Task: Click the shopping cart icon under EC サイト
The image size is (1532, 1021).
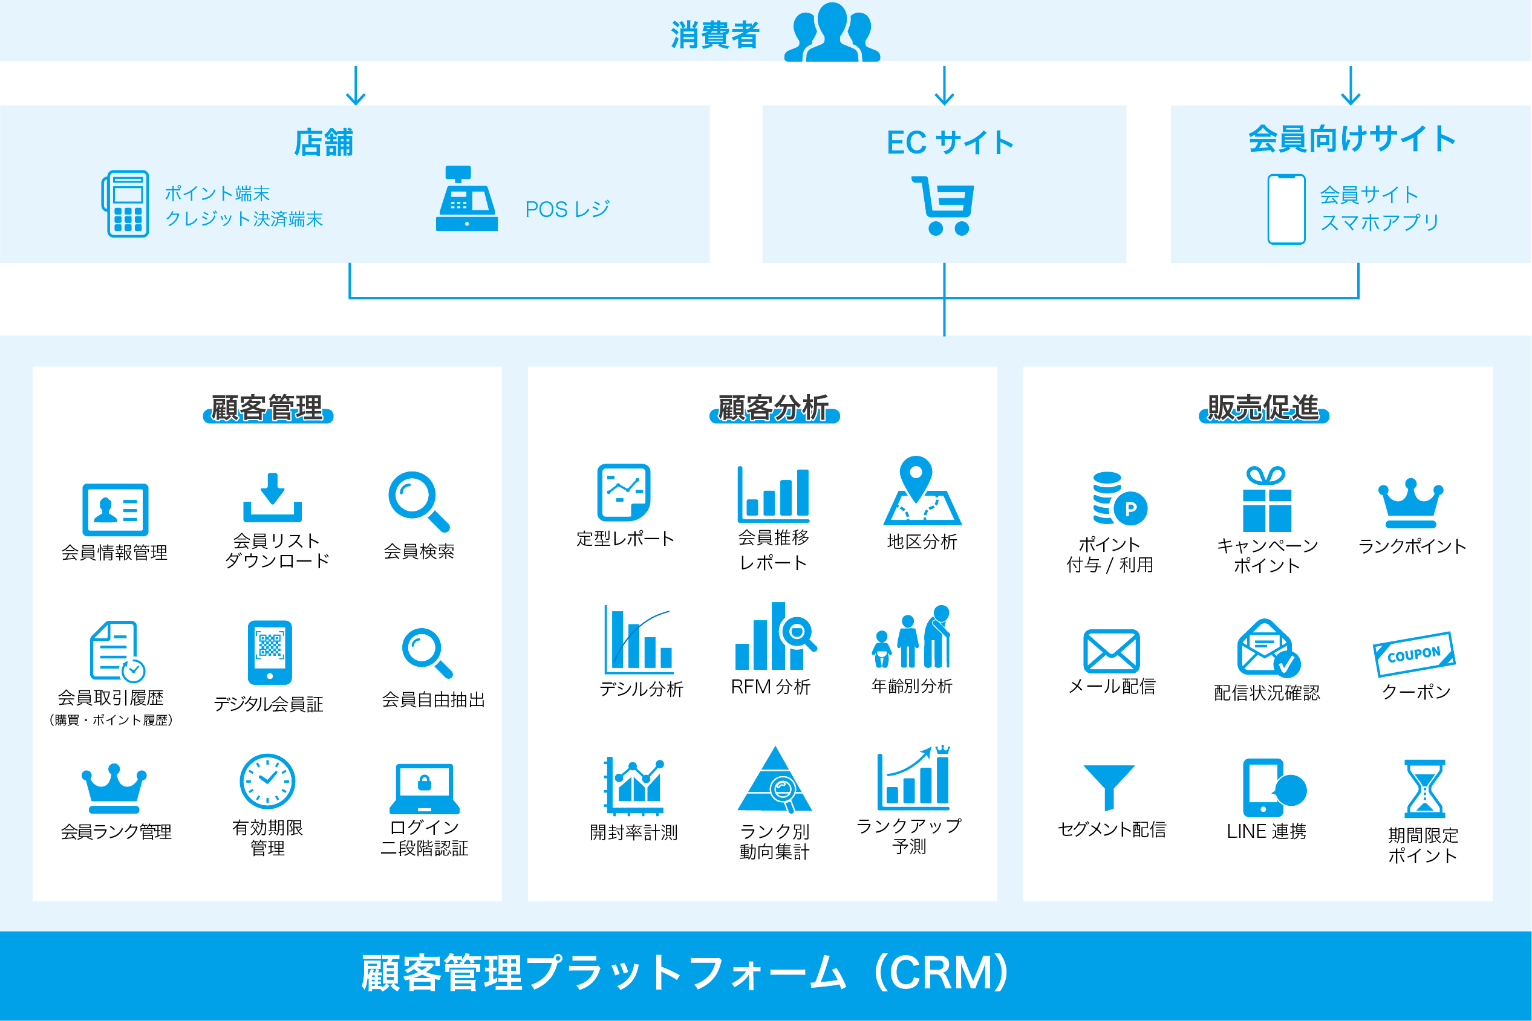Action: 944,205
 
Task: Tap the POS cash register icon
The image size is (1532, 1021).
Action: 466,199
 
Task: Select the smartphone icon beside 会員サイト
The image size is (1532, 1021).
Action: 1286,209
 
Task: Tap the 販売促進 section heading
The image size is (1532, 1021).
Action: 1263,408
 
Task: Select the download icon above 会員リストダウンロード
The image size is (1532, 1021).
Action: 272,498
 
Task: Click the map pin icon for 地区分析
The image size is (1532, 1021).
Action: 921,492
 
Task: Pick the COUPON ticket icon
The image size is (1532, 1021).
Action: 1413,653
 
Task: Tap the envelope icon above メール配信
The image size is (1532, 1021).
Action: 1111,651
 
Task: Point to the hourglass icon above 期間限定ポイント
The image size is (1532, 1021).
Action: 1424,788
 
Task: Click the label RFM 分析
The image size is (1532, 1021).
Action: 771,687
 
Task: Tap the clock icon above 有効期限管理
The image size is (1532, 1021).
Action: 267,782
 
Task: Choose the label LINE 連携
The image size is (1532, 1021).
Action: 1266,832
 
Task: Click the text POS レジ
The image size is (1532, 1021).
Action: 567,209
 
